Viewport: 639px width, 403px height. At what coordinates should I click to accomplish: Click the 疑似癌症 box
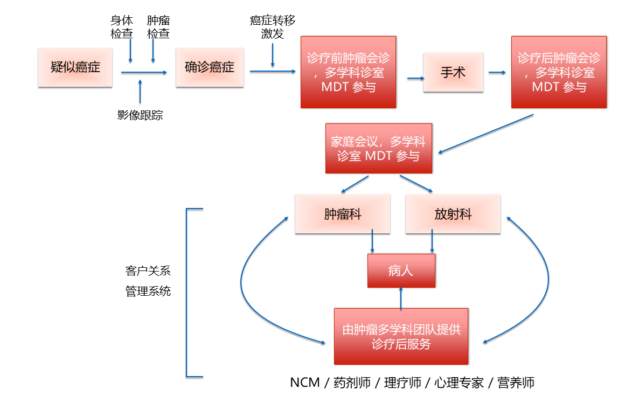point(75,67)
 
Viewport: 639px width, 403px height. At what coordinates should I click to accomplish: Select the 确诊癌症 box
point(210,67)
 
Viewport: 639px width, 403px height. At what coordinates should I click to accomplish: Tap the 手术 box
point(453,72)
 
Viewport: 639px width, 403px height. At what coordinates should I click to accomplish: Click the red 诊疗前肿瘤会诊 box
point(348,72)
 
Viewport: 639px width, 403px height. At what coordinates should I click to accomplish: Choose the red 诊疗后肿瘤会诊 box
point(559,72)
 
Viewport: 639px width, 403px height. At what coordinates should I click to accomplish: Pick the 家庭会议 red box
point(378,149)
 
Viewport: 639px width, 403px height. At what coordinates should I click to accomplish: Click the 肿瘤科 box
point(342,214)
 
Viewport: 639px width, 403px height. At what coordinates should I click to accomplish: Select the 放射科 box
point(453,214)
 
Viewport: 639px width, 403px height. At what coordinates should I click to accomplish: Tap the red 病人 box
point(401,270)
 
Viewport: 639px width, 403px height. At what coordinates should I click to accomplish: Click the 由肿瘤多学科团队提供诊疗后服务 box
point(401,336)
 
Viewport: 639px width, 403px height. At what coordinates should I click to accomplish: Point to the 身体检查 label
point(122,27)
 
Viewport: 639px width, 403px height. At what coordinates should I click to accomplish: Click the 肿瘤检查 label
point(158,27)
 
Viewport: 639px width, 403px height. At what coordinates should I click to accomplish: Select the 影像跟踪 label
point(140,115)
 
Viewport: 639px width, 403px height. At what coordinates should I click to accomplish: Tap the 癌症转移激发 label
point(273,27)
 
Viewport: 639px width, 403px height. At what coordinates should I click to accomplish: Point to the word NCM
point(305,383)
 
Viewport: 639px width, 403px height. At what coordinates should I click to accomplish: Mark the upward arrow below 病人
point(401,298)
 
